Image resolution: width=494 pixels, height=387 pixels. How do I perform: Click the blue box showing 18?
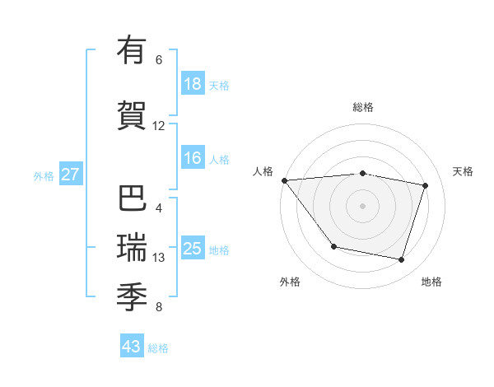[x=193, y=84]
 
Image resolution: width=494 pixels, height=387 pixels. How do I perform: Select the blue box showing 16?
[x=193, y=158]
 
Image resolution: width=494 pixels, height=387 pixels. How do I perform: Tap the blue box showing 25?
[x=193, y=249]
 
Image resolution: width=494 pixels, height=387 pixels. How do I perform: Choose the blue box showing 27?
[x=71, y=175]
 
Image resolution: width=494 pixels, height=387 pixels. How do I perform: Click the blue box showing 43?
[x=132, y=347]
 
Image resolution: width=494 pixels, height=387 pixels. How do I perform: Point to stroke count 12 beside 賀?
[x=159, y=126]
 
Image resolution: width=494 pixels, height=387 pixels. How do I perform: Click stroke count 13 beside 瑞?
[x=159, y=258]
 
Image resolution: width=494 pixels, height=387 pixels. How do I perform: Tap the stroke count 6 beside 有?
[x=159, y=60]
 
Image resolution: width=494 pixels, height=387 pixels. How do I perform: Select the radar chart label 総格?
[x=363, y=107]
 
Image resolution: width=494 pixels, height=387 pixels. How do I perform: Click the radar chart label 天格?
[x=464, y=171]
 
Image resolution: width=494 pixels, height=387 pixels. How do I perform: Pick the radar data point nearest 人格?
[x=284, y=180]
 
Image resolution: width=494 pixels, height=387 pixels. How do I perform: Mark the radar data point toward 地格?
[x=401, y=260]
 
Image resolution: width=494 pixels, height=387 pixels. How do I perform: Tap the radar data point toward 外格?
[x=333, y=246]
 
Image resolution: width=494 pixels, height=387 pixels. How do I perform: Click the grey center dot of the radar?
[x=363, y=206]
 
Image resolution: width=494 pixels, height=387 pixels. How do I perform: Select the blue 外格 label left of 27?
[x=44, y=175]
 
